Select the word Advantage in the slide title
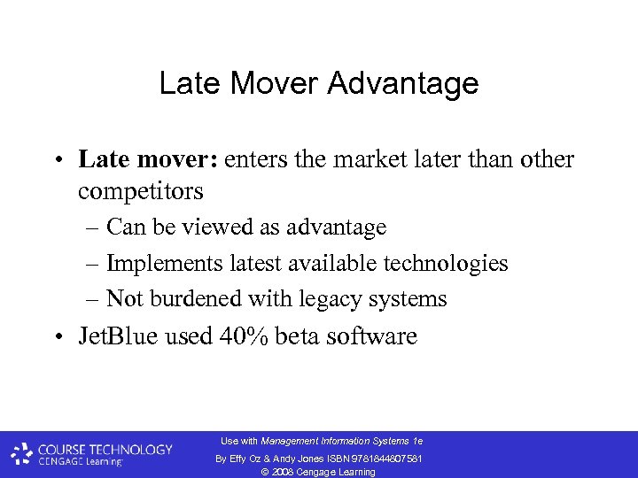click(x=403, y=83)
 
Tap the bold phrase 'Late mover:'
click(x=147, y=159)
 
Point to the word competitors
click(x=141, y=190)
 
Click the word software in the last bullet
click(x=377, y=337)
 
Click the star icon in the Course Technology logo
click(x=21, y=455)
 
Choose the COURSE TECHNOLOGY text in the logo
click(x=105, y=449)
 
